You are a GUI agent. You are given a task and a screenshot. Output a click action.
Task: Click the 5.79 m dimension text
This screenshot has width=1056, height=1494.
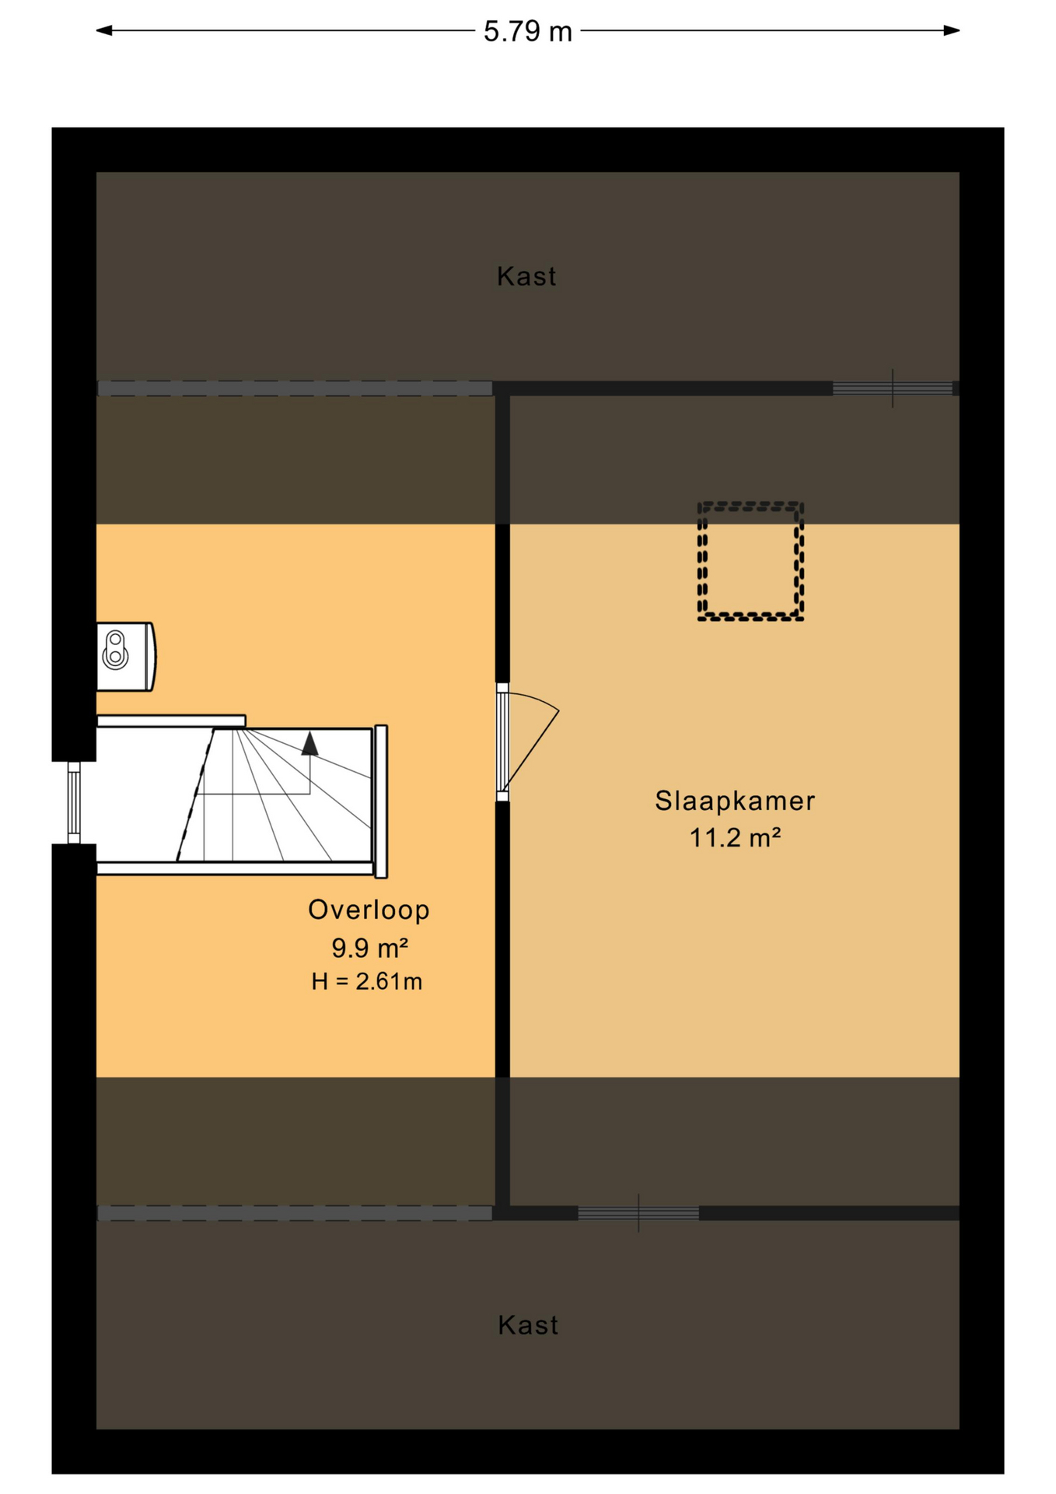(x=527, y=32)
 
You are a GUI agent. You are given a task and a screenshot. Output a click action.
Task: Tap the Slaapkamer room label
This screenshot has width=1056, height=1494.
(x=735, y=801)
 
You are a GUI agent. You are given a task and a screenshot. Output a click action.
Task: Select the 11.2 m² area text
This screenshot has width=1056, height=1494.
(x=735, y=838)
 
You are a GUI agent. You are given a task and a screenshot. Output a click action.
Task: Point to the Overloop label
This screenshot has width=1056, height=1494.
(x=369, y=910)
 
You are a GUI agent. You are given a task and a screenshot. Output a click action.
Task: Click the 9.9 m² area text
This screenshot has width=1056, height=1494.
(x=369, y=948)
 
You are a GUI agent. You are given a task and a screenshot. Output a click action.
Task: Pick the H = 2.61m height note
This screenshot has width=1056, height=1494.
(x=366, y=982)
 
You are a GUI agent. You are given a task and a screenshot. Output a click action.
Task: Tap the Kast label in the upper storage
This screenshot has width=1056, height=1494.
(x=526, y=276)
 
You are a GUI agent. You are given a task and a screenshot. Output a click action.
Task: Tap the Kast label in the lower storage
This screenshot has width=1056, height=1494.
(x=528, y=1325)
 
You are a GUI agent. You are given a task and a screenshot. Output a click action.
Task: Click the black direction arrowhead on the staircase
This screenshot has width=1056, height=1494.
(x=309, y=743)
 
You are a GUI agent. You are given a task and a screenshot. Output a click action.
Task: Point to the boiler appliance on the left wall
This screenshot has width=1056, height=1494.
(x=125, y=656)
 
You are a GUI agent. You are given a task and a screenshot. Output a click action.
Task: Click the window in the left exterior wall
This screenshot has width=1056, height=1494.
(x=74, y=802)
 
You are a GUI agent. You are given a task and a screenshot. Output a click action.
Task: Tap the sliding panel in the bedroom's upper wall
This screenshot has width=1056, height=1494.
(x=893, y=388)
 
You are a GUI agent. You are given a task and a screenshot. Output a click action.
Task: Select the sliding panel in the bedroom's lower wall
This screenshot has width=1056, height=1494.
(x=638, y=1213)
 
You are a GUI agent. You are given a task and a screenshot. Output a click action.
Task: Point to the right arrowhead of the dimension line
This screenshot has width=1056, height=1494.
(x=951, y=30)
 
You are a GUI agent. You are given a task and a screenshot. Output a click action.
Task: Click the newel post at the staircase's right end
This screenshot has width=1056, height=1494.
(x=381, y=801)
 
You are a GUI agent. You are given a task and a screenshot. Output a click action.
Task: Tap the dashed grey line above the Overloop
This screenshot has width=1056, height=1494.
(x=295, y=388)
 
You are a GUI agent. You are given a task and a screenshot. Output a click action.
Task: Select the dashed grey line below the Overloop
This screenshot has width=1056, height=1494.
(x=295, y=1213)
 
